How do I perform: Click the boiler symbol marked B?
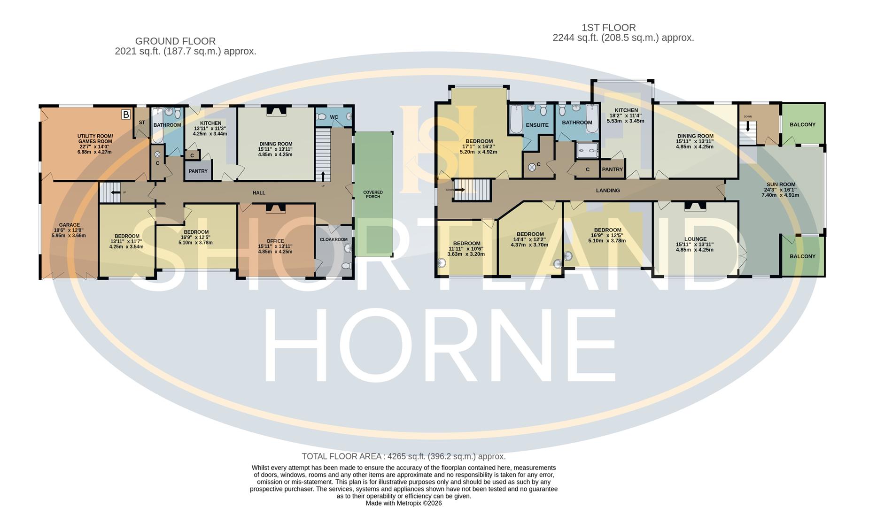[126, 114]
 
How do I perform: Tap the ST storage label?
[142, 123]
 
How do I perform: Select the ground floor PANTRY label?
[198, 171]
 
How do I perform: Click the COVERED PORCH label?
[373, 194]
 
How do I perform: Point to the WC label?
[334, 117]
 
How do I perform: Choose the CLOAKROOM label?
[334, 239]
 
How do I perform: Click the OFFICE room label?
[275, 241]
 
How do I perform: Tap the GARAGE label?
[69, 225]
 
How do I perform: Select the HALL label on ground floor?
[259, 193]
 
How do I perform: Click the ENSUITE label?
[537, 125]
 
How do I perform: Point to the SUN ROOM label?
[781, 184]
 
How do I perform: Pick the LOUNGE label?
[695, 239]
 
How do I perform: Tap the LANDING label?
[608, 191]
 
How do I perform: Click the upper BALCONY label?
[802, 125]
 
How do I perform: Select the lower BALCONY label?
[802, 256]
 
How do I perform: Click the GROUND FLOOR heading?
[175, 41]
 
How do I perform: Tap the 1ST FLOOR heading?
[608, 28]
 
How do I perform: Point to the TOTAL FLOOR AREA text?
[403, 456]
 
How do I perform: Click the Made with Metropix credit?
[403, 503]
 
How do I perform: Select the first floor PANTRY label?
[612, 169]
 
